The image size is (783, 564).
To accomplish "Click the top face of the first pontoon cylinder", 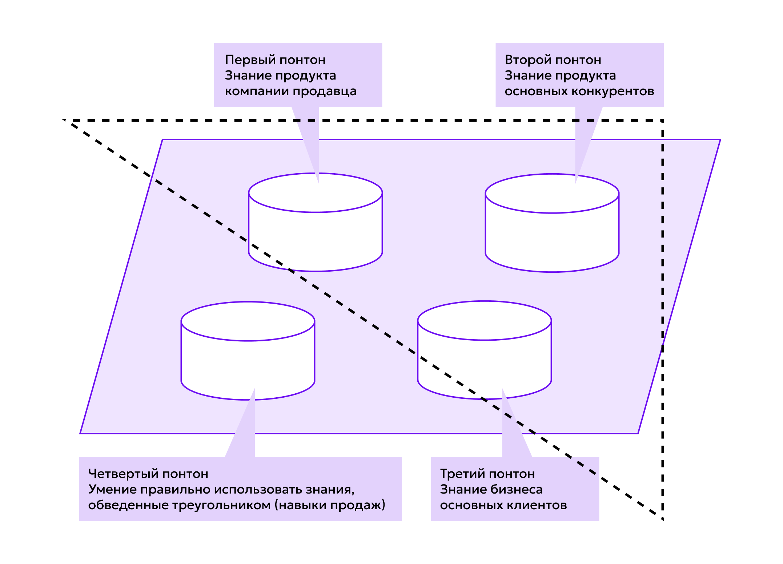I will pyautogui.click(x=316, y=193).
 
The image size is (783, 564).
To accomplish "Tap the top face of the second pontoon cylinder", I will pyautogui.click(x=552, y=194).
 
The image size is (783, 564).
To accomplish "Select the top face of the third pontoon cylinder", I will pyautogui.click(x=485, y=321).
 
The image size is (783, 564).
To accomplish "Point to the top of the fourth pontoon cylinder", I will pyautogui.click(x=248, y=321).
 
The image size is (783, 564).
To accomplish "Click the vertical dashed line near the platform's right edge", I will pyautogui.click(x=663, y=240).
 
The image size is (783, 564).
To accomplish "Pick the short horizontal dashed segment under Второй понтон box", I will pyautogui.click(x=586, y=120).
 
